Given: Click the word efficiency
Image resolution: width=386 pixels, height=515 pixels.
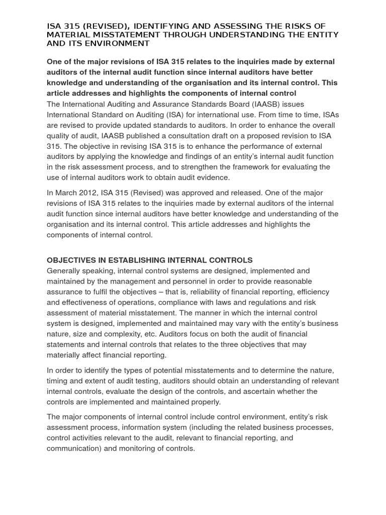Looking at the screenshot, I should [x=312, y=292].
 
